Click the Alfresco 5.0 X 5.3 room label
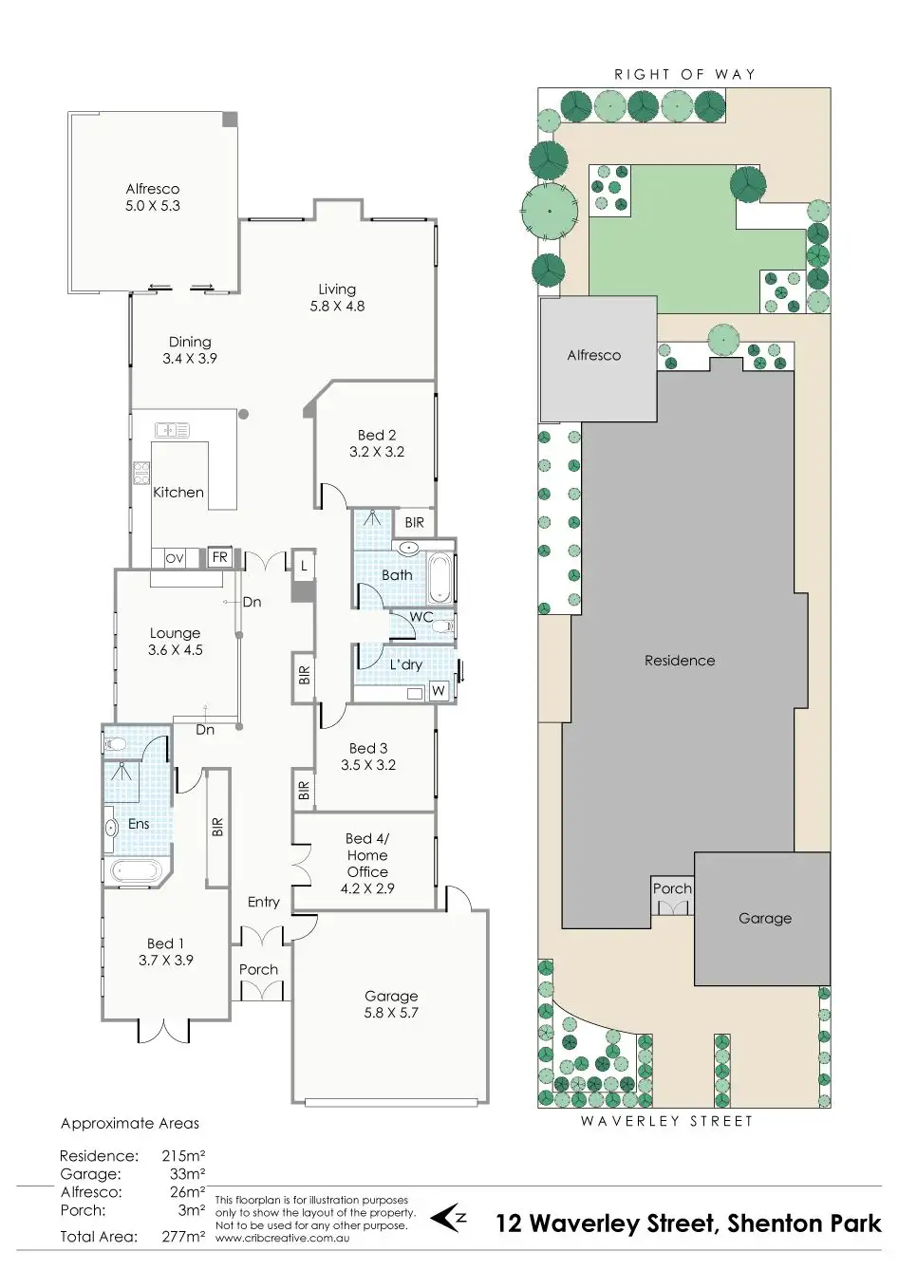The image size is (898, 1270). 152,197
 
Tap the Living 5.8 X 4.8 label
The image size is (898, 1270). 337,297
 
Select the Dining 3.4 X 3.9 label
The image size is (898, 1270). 190,350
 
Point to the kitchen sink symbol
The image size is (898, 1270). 172,430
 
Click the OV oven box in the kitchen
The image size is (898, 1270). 175,559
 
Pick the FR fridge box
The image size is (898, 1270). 219,557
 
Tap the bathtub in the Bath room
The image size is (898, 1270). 440,578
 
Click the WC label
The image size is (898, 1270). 421,617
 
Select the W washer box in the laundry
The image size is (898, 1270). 438,691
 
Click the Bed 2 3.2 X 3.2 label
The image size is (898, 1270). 377,443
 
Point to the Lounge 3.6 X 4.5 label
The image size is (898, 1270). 176,642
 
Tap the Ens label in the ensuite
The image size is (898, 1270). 139,824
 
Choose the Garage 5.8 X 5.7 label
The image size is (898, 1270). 391,1004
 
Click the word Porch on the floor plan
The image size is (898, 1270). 258,969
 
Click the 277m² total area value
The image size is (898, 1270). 183,1237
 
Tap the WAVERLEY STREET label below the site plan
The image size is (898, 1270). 666,1121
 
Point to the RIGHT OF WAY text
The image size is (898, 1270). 684,74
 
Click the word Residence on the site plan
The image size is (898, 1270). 680,661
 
